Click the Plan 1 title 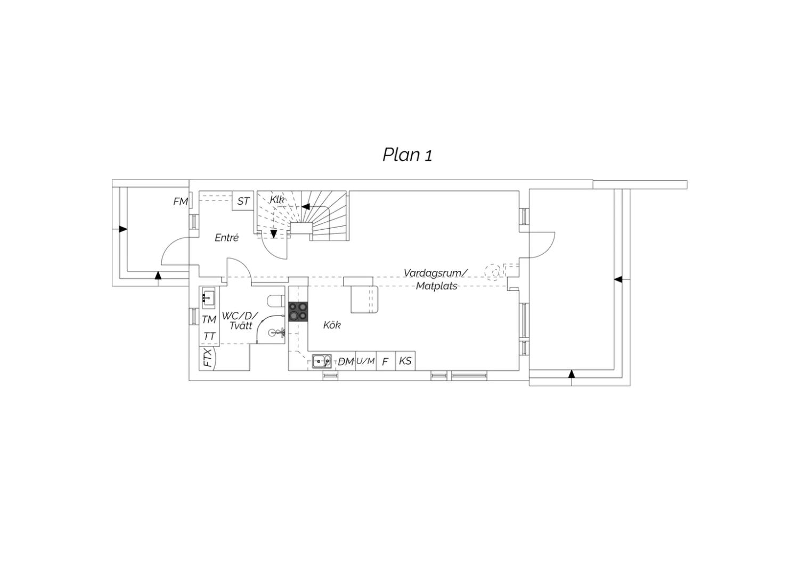click(x=407, y=155)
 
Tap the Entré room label click(x=226, y=238)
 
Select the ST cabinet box click(x=243, y=200)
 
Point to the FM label click(x=181, y=201)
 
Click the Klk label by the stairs click(x=277, y=199)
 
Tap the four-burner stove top click(x=298, y=312)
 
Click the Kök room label click(x=332, y=325)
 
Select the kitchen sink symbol click(x=322, y=361)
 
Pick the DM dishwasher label click(x=346, y=361)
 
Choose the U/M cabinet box click(x=365, y=361)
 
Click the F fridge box click(x=386, y=361)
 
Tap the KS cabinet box click(x=405, y=361)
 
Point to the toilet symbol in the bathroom click(x=276, y=301)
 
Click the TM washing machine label click(x=209, y=319)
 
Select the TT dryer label click(x=209, y=336)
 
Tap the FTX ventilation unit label click(x=208, y=358)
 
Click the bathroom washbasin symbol click(x=209, y=297)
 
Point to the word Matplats click(x=437, y=286)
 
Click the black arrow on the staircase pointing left click(x=306, y=206)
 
